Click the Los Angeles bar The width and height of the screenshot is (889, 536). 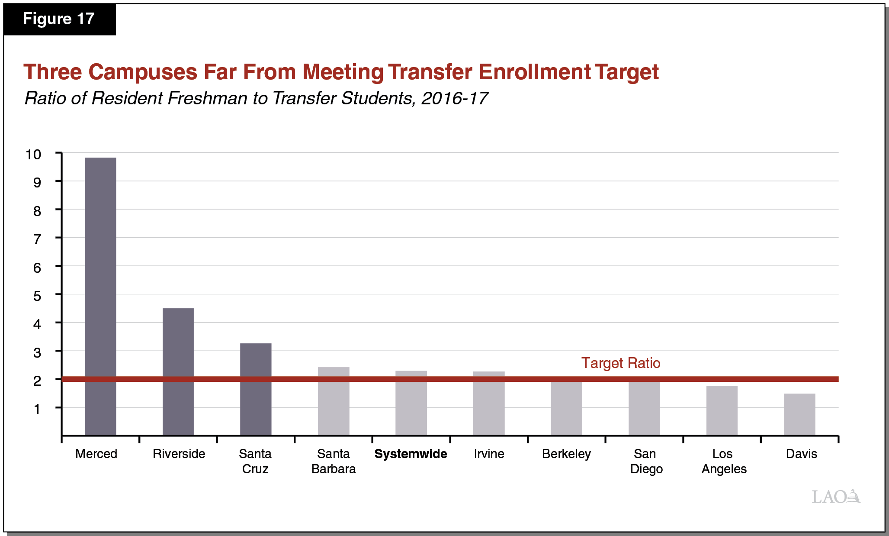(722, 410)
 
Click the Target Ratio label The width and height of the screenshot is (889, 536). (620, 363)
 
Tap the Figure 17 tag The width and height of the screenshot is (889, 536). (59, 19)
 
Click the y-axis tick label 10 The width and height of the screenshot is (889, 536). (33, 155)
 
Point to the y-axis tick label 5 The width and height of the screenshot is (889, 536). (37, 296)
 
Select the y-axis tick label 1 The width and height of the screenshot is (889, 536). (37, 409)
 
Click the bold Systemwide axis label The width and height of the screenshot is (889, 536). (411, 454)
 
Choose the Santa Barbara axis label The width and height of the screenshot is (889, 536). (334, 461)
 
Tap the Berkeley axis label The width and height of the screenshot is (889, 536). (566, 454)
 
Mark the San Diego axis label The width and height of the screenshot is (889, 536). (646, 461)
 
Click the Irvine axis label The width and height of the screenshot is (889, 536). (489, 454)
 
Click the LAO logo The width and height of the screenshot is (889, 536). (836, 497)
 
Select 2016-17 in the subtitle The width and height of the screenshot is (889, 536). (454, 98)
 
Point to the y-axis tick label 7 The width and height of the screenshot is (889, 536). (37, 239)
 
